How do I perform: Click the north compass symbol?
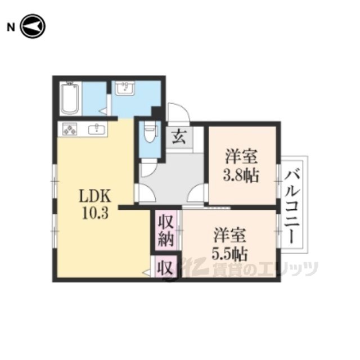33,26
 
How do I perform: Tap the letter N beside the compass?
11,28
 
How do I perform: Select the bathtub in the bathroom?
70,99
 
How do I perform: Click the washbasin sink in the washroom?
125,88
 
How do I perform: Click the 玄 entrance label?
179,137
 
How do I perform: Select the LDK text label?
95,196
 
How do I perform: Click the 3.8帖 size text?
241,175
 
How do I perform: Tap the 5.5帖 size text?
229,254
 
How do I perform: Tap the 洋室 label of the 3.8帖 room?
241,156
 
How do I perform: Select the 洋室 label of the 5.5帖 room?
230,235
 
